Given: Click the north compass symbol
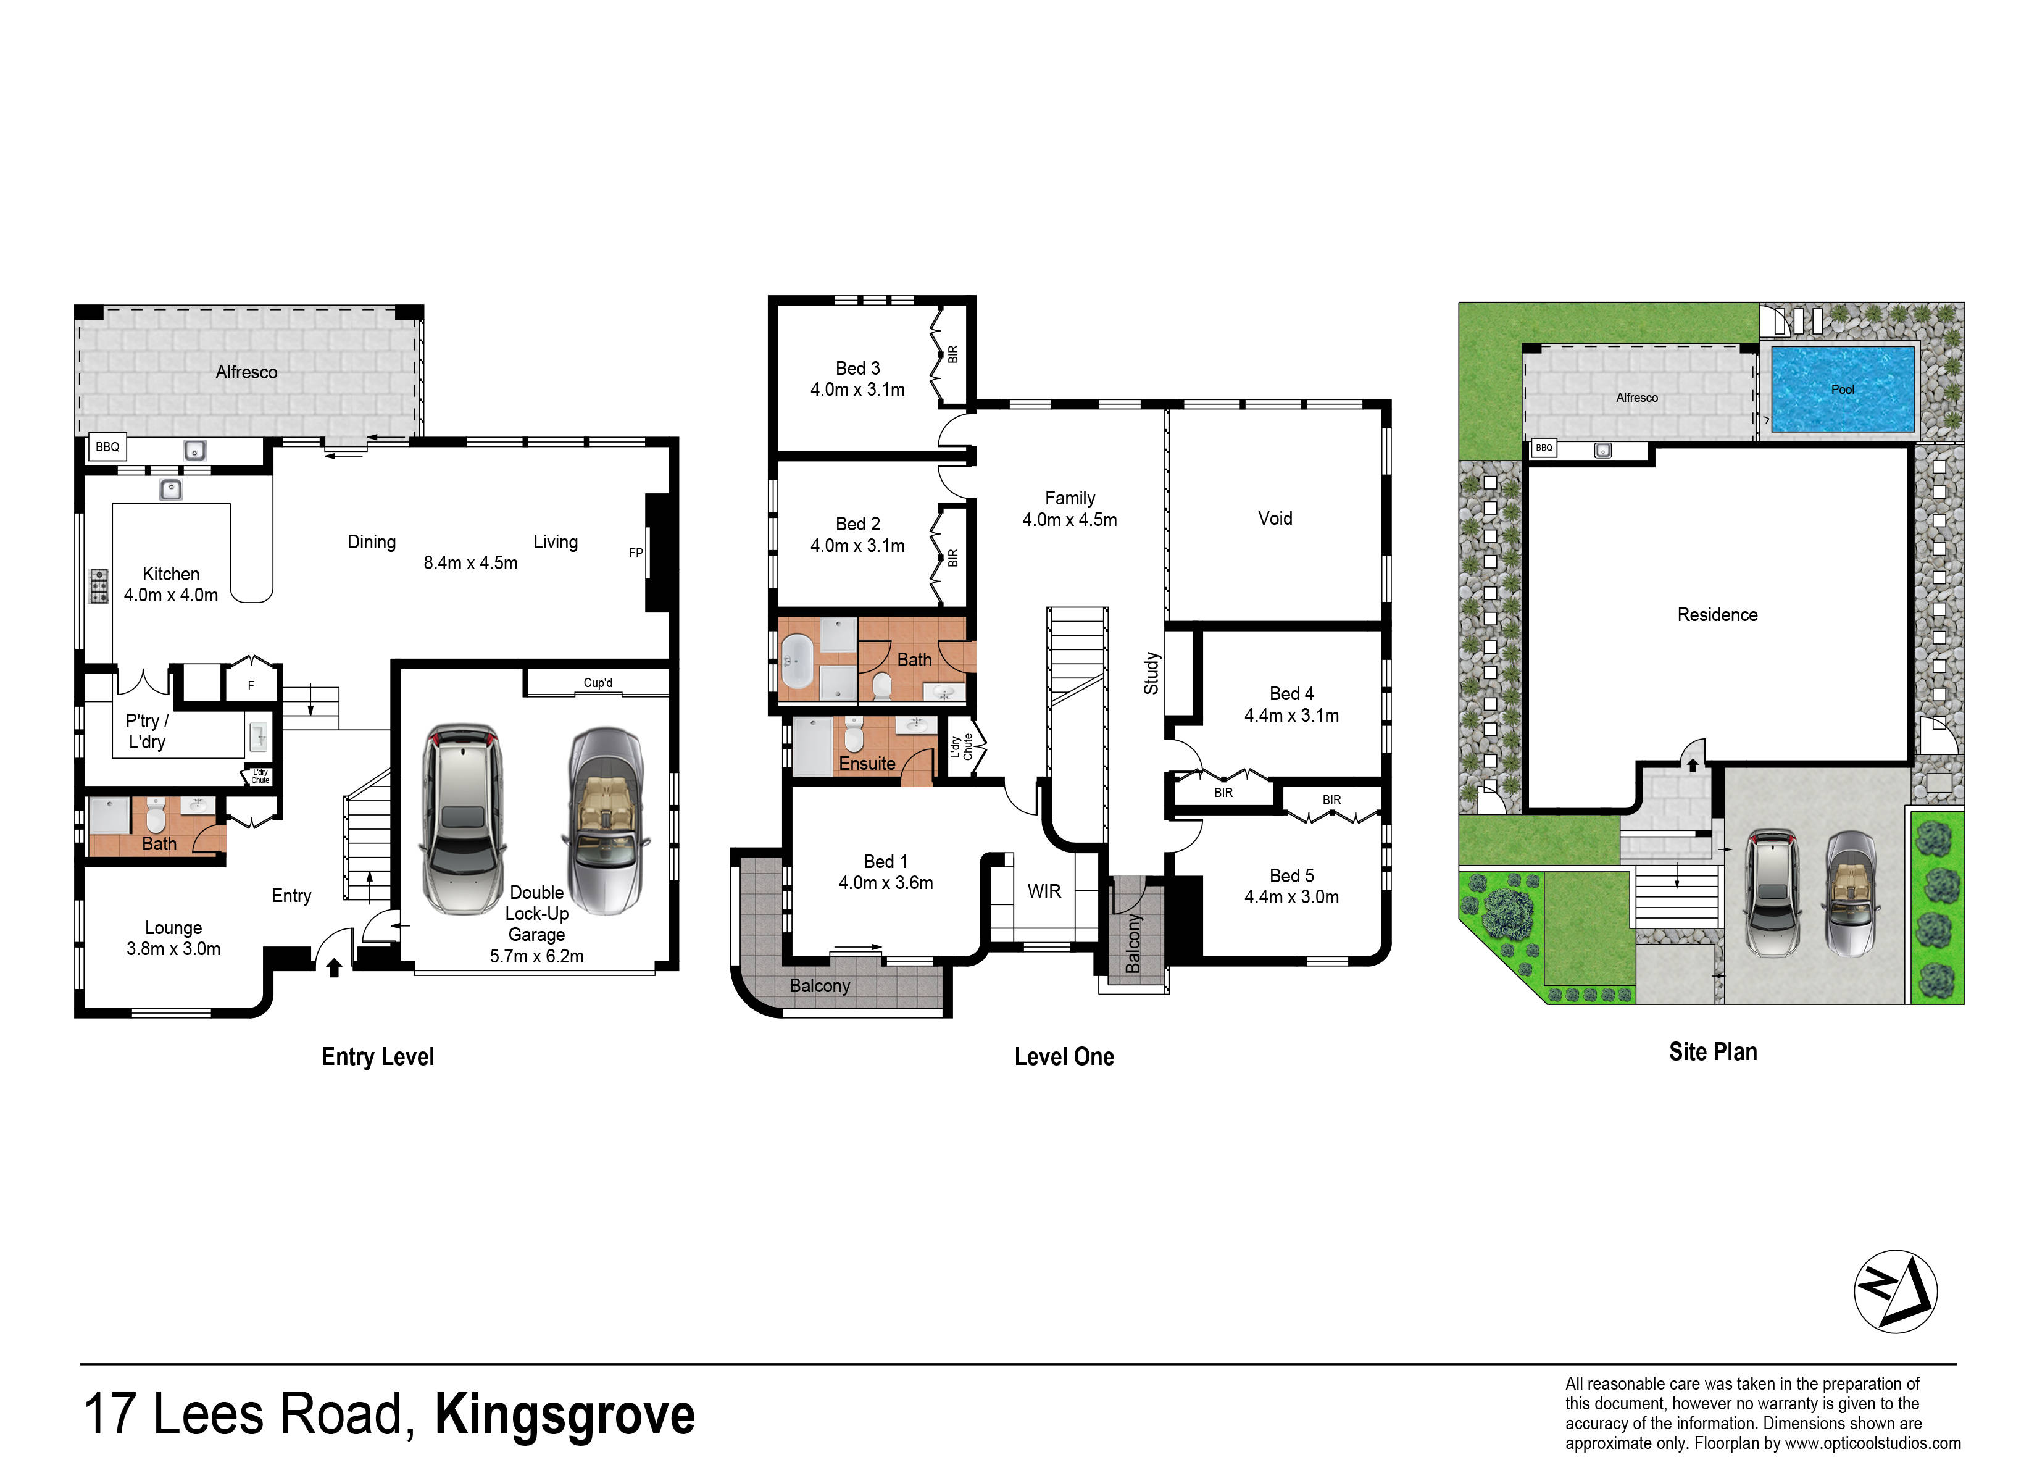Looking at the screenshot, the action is (1896, 1291).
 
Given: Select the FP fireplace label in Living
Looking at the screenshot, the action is (636, 553).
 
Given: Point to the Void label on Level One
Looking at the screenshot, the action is (1275, 518).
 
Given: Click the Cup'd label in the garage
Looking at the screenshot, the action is (598, 683).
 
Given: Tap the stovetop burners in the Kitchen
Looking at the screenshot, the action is (98, 586).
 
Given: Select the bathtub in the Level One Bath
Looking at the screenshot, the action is (797, 661).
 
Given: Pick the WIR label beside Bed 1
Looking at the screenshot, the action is (1044, 891).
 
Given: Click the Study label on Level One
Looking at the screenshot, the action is (1151, 673).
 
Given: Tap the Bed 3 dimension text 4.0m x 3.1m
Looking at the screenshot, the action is (858, 390).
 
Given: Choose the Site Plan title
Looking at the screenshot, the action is (1713, 1052).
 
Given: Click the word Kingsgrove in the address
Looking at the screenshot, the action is (565, 1416).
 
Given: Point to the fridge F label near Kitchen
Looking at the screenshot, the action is (251, 685).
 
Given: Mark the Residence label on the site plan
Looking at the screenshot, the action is (1717, 614).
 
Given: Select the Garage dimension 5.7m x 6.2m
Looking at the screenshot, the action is (536, 956).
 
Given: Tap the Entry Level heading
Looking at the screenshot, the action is (378, 1056).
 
